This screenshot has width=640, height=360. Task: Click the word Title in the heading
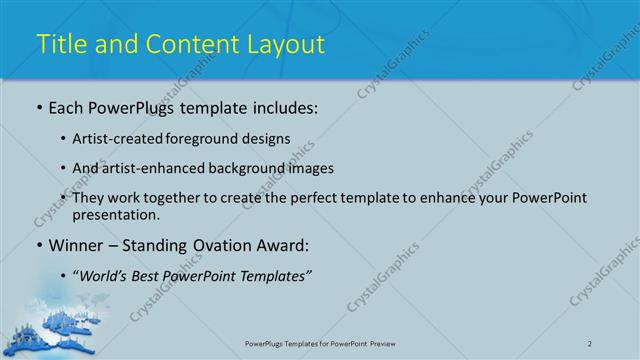pos(61,44)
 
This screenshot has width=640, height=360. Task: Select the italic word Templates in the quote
pos(269,275)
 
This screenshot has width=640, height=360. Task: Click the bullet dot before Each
pos(39,108)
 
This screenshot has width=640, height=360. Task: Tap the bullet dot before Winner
pos(39,245)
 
